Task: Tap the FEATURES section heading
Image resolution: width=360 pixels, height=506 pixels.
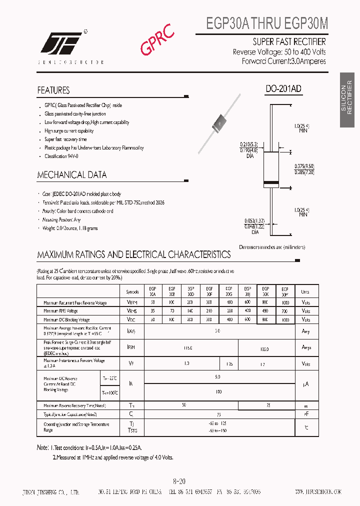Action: [x=53, y=90]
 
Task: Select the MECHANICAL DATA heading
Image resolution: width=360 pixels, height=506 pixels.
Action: [x=72, y=175]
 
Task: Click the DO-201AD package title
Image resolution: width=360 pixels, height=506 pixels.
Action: [x=283, y=89]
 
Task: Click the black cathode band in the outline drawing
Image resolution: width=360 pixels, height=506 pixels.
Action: [x=271, y=181]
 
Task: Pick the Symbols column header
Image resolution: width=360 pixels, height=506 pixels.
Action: [x=132, y=291]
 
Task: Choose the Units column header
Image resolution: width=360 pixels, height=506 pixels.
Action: [x=305, y=291]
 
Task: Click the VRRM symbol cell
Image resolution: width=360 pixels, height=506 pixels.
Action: [x=131, y=303]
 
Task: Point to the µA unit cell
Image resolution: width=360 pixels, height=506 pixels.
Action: [x=305, y=384]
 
